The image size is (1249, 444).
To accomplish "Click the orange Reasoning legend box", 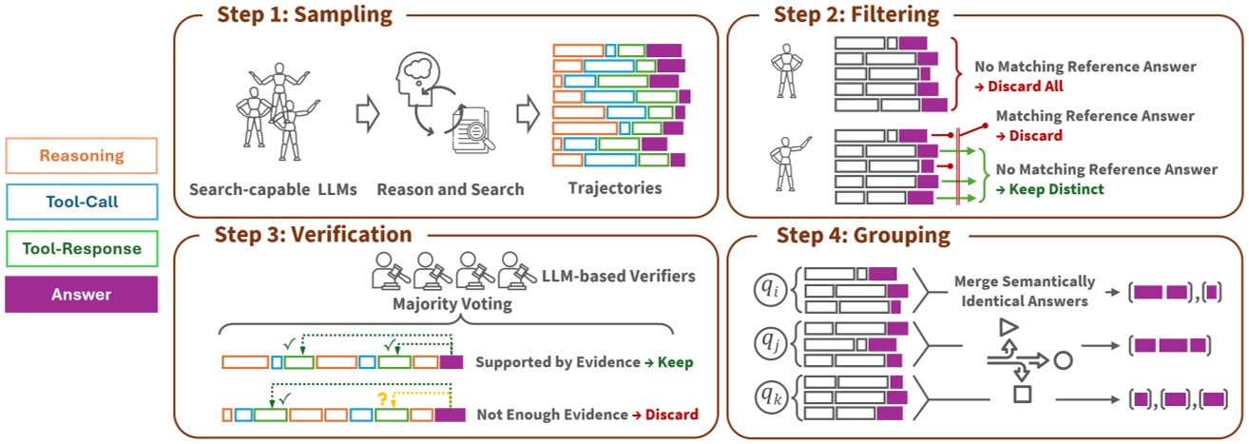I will [81, 156].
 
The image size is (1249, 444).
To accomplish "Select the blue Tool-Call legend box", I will [81, 202].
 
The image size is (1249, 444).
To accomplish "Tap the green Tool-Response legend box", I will [81, 249].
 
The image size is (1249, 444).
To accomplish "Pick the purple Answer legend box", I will [81, 295].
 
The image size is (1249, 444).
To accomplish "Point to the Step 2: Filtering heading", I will [855, 14].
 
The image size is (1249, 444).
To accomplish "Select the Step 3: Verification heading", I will [314, 235].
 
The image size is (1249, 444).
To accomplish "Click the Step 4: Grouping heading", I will [862, 235].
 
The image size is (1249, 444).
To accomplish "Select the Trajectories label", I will [615, 188].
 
